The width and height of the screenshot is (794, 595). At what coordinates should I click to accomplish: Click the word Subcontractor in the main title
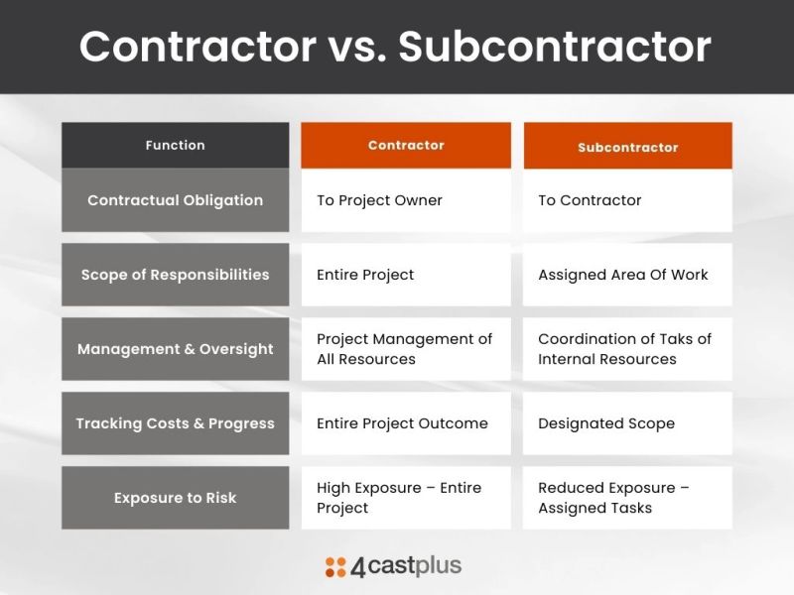(555, 47)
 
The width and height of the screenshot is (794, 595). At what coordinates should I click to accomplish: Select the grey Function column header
(175, 145)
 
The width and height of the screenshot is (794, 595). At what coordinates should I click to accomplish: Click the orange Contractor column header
(406, 145)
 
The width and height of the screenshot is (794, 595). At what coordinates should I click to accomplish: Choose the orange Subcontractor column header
(627, 147)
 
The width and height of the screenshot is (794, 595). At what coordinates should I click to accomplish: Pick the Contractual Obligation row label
(175, 200)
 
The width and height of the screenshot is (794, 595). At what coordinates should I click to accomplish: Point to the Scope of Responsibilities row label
(175, 275)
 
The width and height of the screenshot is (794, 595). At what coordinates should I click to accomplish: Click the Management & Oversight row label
(175, 349)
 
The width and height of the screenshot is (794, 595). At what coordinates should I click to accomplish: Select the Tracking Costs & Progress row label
(175, 423)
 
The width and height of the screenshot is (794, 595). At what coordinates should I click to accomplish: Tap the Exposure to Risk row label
(175, 498)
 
